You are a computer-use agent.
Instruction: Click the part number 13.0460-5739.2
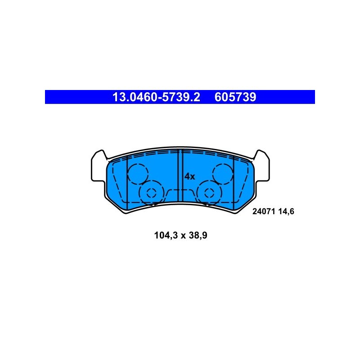[x=156, y=97]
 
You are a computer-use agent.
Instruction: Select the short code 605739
[x=235, y=97]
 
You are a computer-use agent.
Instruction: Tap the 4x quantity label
[x=189, y=176]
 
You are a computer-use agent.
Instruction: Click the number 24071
[x=264, y=211]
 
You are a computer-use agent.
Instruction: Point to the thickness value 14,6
[x=286, y=211]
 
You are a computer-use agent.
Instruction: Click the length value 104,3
[x=166, y=235]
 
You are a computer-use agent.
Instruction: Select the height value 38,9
[x=198, y=235]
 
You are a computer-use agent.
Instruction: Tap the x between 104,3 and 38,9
[x=183, y=236]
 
